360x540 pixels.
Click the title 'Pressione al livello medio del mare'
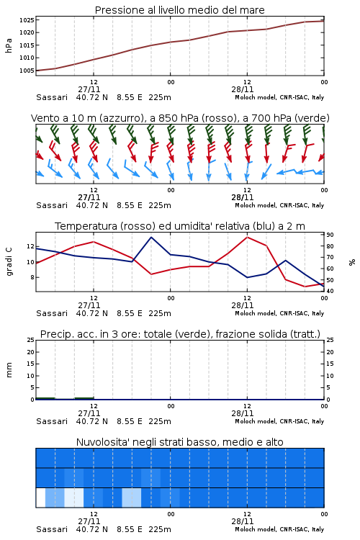point(179,10)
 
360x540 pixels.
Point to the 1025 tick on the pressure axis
point(27,20)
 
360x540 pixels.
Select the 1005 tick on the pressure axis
point(27,71)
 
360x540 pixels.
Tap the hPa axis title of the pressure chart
point(9,45)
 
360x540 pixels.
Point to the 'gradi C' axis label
point(9,262)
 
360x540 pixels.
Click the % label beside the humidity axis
point(352,262)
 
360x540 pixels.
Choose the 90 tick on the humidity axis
point(330,235)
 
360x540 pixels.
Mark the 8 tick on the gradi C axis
point(32,277)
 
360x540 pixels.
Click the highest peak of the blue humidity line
point(151,238)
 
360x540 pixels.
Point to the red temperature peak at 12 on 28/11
point(247,238)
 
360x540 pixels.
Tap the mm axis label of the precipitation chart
point(9,369)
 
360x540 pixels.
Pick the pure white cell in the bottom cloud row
point(40,498)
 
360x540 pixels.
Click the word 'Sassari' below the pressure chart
point(52,97)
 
